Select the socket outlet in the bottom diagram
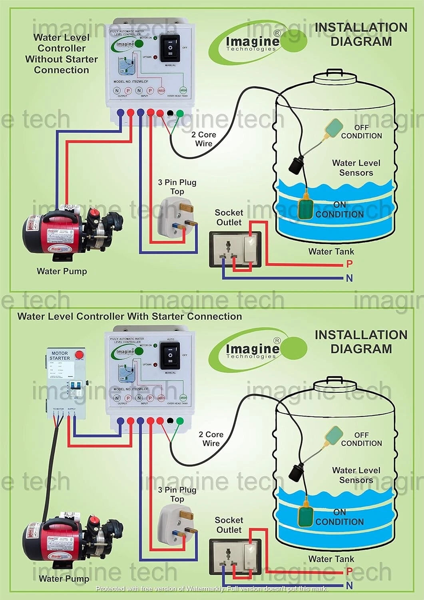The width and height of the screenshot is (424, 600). [235, 557]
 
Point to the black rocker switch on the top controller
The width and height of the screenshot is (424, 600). [170, 47]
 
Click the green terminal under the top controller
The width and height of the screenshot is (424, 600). [180, 113]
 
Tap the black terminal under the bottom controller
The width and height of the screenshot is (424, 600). [170, 421]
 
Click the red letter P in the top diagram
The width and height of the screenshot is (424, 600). [349, 264]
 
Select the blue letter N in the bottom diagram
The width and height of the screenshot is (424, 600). [349, 586]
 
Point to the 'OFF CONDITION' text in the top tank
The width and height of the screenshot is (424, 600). [361, 132]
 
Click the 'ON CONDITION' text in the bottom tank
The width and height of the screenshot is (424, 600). [340, 517]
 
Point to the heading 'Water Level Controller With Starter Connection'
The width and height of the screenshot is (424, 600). [129, 316]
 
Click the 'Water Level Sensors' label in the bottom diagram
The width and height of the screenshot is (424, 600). [356, 475]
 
